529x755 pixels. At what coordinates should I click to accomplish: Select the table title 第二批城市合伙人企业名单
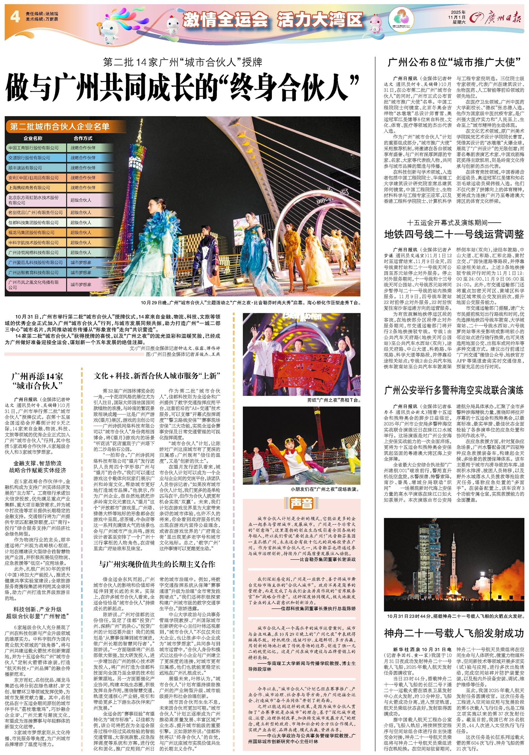tap(60, 127)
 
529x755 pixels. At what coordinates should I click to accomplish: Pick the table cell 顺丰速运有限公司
tap(25, 168)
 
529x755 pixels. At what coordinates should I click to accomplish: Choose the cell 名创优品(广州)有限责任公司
tap(36, 212)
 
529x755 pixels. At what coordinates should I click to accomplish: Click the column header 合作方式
tap(83, 138)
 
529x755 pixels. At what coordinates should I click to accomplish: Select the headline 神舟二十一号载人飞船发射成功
tap(453, 633)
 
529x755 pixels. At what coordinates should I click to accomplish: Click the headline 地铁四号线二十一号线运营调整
tap(453, 234)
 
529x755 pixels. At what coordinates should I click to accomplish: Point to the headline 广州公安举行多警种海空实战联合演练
tap(453, 390)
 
